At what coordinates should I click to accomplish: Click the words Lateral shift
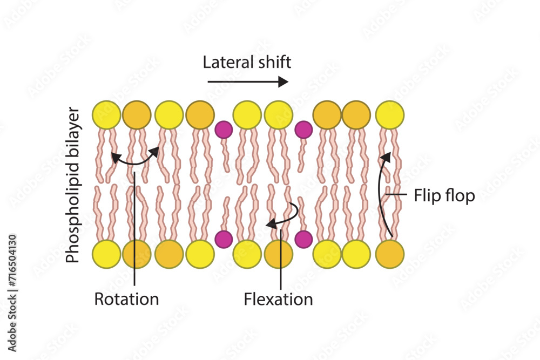247,62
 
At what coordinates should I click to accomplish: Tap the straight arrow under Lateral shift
248,82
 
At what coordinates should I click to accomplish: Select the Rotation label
126,298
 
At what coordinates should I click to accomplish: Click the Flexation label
278,298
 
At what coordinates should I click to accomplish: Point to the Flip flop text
444,195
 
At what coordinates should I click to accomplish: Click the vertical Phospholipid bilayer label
72,185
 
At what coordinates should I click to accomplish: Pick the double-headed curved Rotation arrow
135,159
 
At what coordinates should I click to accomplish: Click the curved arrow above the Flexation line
283,216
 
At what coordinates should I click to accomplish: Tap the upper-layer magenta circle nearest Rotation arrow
224,130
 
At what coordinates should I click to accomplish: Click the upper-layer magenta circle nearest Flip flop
303,130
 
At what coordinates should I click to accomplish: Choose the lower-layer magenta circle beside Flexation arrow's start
303,239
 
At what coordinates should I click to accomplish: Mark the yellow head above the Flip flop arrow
389,115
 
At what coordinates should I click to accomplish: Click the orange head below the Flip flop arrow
390,254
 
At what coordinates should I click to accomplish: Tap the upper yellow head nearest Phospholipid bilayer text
106,115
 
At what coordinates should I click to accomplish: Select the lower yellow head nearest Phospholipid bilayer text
106,254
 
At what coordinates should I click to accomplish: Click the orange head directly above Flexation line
278,254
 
